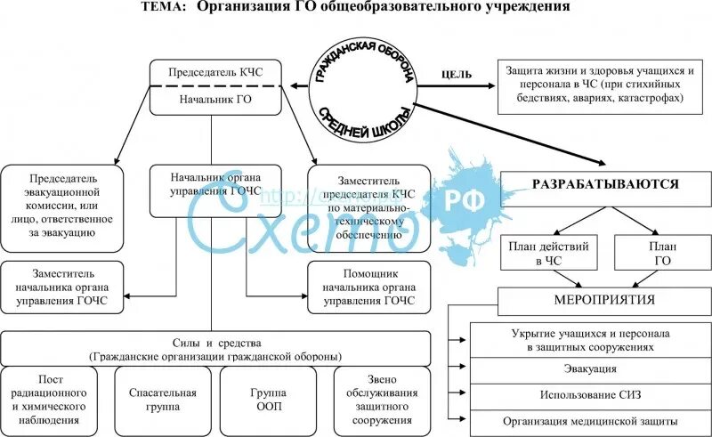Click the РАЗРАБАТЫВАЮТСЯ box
click(x=605, y=185)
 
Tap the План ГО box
click(x=661, y=253)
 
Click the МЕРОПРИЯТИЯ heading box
click(x=604, y=300)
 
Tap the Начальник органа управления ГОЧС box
click(x=209, y=190)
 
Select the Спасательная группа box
click(x=155, y=400)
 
